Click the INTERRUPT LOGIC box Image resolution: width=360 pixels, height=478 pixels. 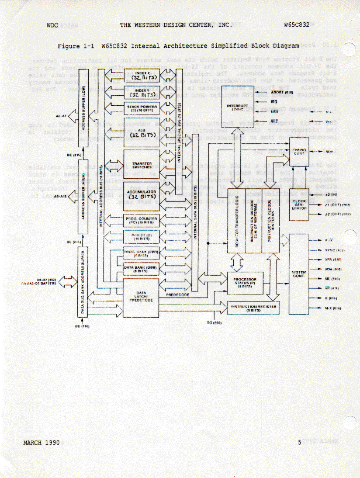(x=236, y=106)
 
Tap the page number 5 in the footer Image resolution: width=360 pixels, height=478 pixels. (x=299, y=442)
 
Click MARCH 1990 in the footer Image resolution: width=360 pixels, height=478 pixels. (x=41, y=442)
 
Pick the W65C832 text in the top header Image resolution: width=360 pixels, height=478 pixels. (x=296, y=26)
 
